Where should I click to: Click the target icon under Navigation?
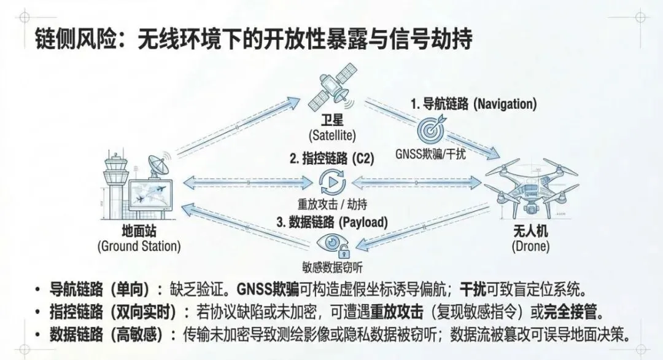pyautogui.click(x=430, y=131)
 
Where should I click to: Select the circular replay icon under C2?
pyautogui.click(x=332, y=181)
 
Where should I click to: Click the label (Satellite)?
pyautogui.click(x=332, y=134)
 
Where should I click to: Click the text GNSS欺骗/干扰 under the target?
pyautogui.click(x=430, y=154)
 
